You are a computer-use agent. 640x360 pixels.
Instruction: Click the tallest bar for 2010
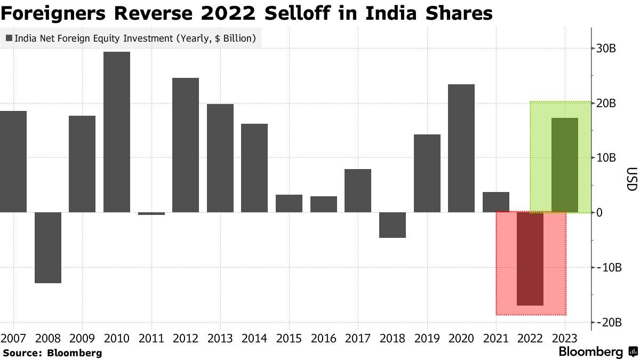pos(117,132)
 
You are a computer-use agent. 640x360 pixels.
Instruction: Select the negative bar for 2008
pos(48,247)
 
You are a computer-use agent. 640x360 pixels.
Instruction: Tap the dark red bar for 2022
pos(530,259)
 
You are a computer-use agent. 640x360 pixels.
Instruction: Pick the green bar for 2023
pos(565,165)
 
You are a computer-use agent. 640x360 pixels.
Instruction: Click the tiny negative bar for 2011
pos(151,213)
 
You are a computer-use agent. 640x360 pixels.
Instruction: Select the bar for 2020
pos(461,148)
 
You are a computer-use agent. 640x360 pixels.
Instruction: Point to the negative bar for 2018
pos(393,225)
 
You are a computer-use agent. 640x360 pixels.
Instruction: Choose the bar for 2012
pos(186,145)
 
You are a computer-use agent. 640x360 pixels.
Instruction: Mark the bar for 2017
pos(358,190)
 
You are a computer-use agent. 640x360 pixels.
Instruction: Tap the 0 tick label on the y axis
pos(599,213)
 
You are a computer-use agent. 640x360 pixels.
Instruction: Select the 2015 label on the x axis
pos(289,338)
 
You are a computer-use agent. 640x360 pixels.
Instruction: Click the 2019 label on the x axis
pos(427,338)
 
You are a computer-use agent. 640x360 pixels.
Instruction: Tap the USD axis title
pos(631,180)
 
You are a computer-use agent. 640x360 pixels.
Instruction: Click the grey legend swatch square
pos(9,38)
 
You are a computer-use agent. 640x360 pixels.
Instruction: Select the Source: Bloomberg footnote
pos(52,353)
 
